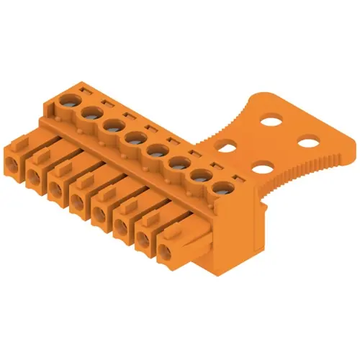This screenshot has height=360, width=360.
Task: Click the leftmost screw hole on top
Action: pyautogui.click(x=72, y=99)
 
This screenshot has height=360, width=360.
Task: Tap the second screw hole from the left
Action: pyautogui.click(x=91, y=112)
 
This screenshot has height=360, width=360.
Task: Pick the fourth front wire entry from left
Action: pyautogui.click(x=77, y=202)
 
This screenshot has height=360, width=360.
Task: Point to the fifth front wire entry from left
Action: pyautogui.click(x=98, y=216)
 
